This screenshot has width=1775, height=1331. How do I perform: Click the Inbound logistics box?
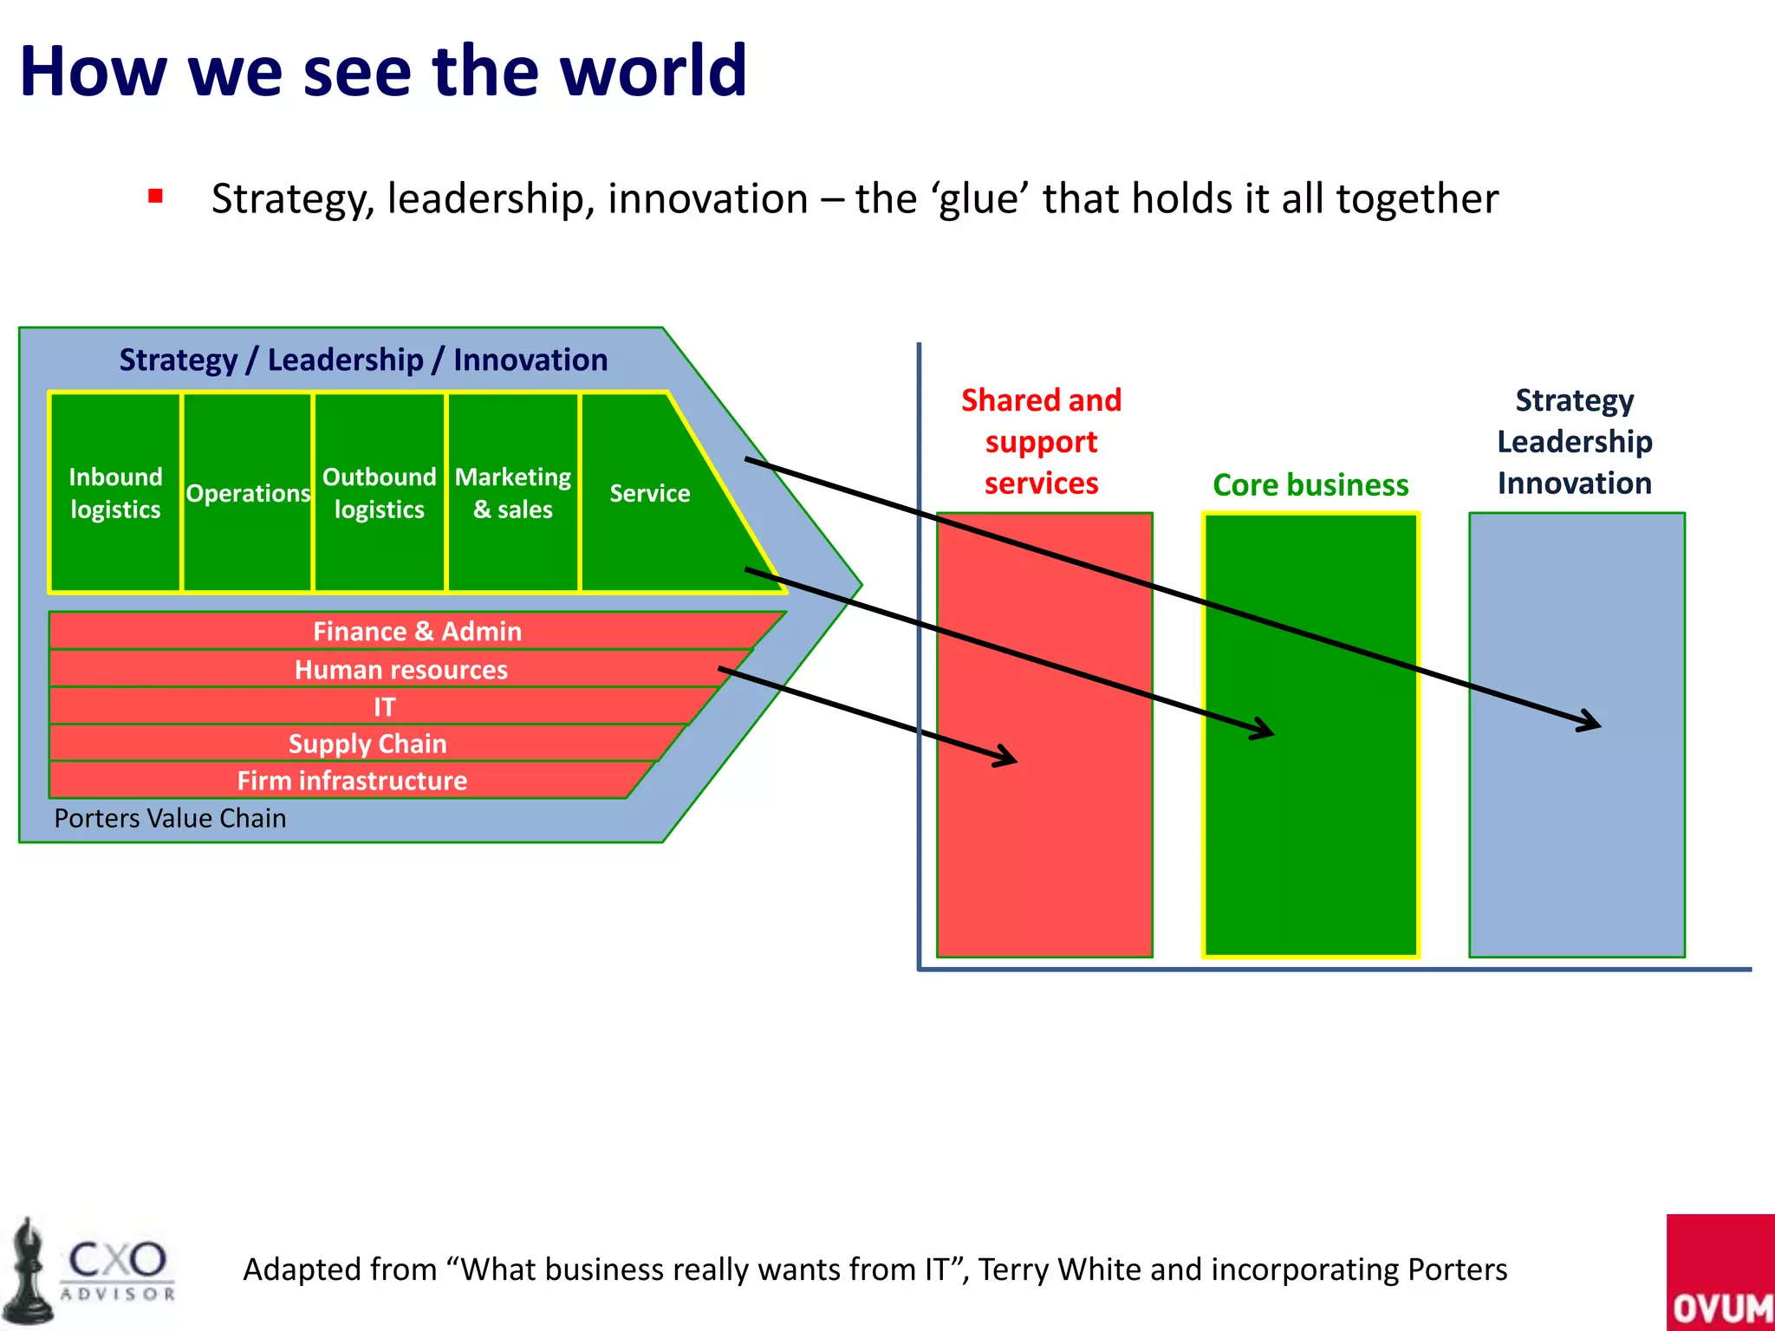point(115,492)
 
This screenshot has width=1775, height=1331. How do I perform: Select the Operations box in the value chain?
point(248,492)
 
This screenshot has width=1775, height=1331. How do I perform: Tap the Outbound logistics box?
point(380,492)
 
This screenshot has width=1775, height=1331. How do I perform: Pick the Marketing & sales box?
point(513,492)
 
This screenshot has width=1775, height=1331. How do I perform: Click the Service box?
point(650,492)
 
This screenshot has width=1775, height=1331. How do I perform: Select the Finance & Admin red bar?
point(417,631)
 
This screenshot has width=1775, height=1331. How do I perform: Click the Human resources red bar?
point(400,669)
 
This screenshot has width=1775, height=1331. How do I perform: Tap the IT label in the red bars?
point(385,707)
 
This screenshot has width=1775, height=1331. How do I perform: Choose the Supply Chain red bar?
point(367,743)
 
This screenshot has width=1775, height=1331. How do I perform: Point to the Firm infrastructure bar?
point(352,781)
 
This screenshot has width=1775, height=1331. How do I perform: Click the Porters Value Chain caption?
point(170,818)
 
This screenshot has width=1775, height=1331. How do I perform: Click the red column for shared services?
point(1044,849)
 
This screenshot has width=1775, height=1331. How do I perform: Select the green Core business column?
point(1310,849)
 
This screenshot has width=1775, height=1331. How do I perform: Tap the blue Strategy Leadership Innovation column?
point(1577,849)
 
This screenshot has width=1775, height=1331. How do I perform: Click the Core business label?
point(1310,484)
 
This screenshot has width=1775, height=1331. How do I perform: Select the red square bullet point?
point(156,196)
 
